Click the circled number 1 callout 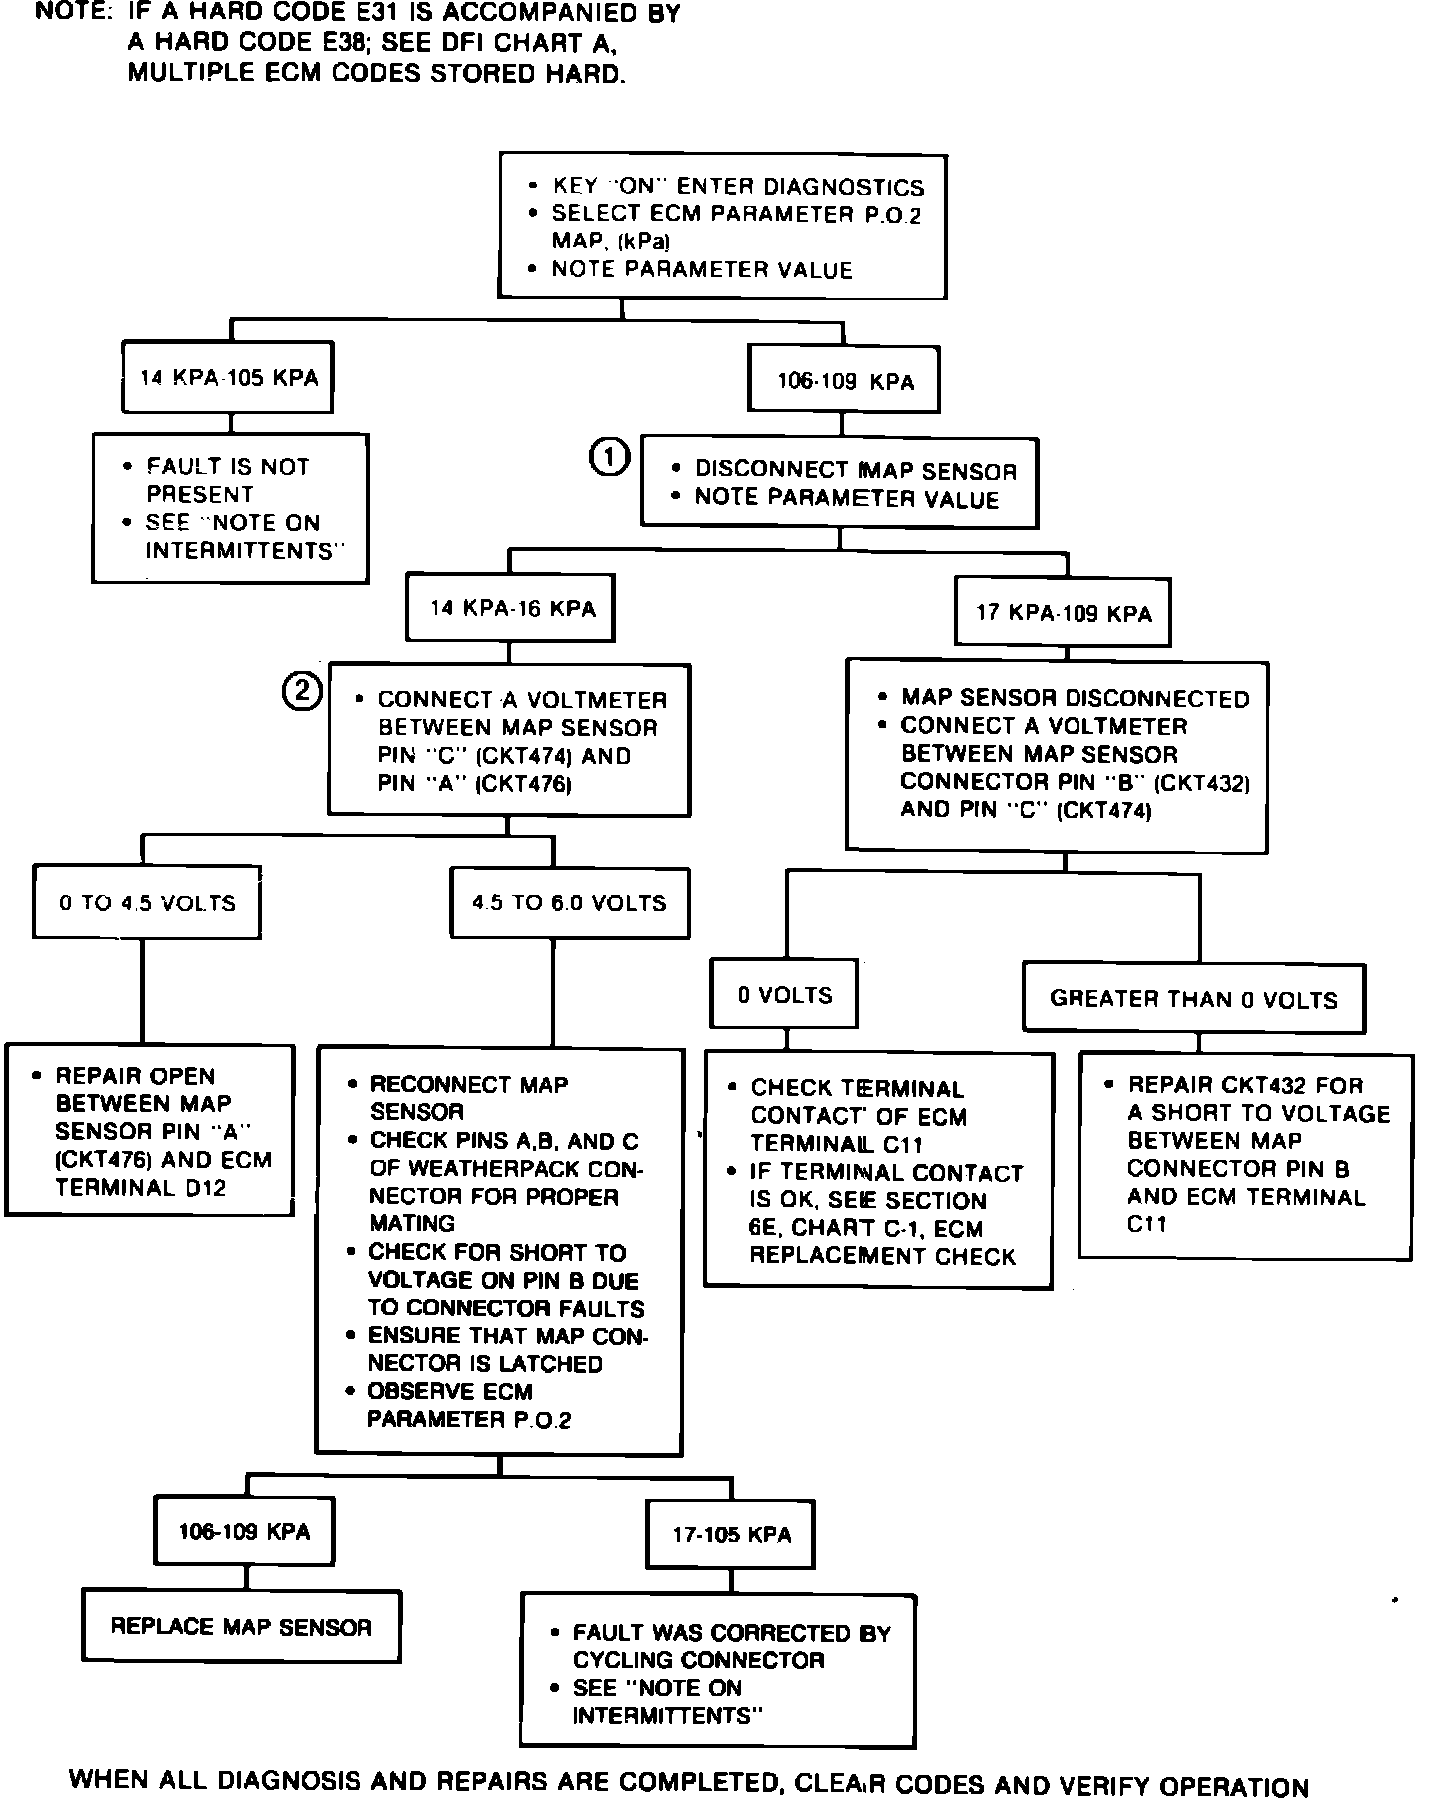[x=610, y=457]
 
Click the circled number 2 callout [x=302, y=691]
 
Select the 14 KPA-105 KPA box [x=228, y=378]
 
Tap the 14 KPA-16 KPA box [x=511, y=609]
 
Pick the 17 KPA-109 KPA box [x=1064, y=613]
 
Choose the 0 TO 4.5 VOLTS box [x=147, y=903]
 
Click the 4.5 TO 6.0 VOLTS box [x=569, y=903]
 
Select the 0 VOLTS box [x=784, y=995]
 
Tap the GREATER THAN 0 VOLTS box [x=1193, y=999]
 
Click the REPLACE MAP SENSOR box [x=241, y=1627]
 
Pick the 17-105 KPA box [x=731, y=1535]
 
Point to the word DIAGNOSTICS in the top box [x=844, y=187]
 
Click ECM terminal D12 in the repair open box [x=193, y=1188]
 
